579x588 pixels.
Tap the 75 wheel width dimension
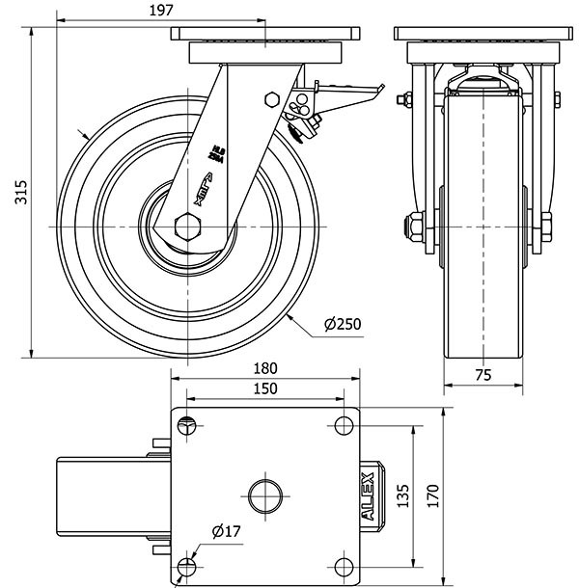(x=484, y=376)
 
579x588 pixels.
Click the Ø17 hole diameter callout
(x=226, y=530)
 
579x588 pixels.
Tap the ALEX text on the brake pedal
(x=369, y=495)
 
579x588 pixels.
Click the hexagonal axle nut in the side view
(x=187, y=227)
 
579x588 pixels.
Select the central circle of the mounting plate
(x=265, y=496)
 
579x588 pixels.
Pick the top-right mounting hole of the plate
(x=344, y=424)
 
